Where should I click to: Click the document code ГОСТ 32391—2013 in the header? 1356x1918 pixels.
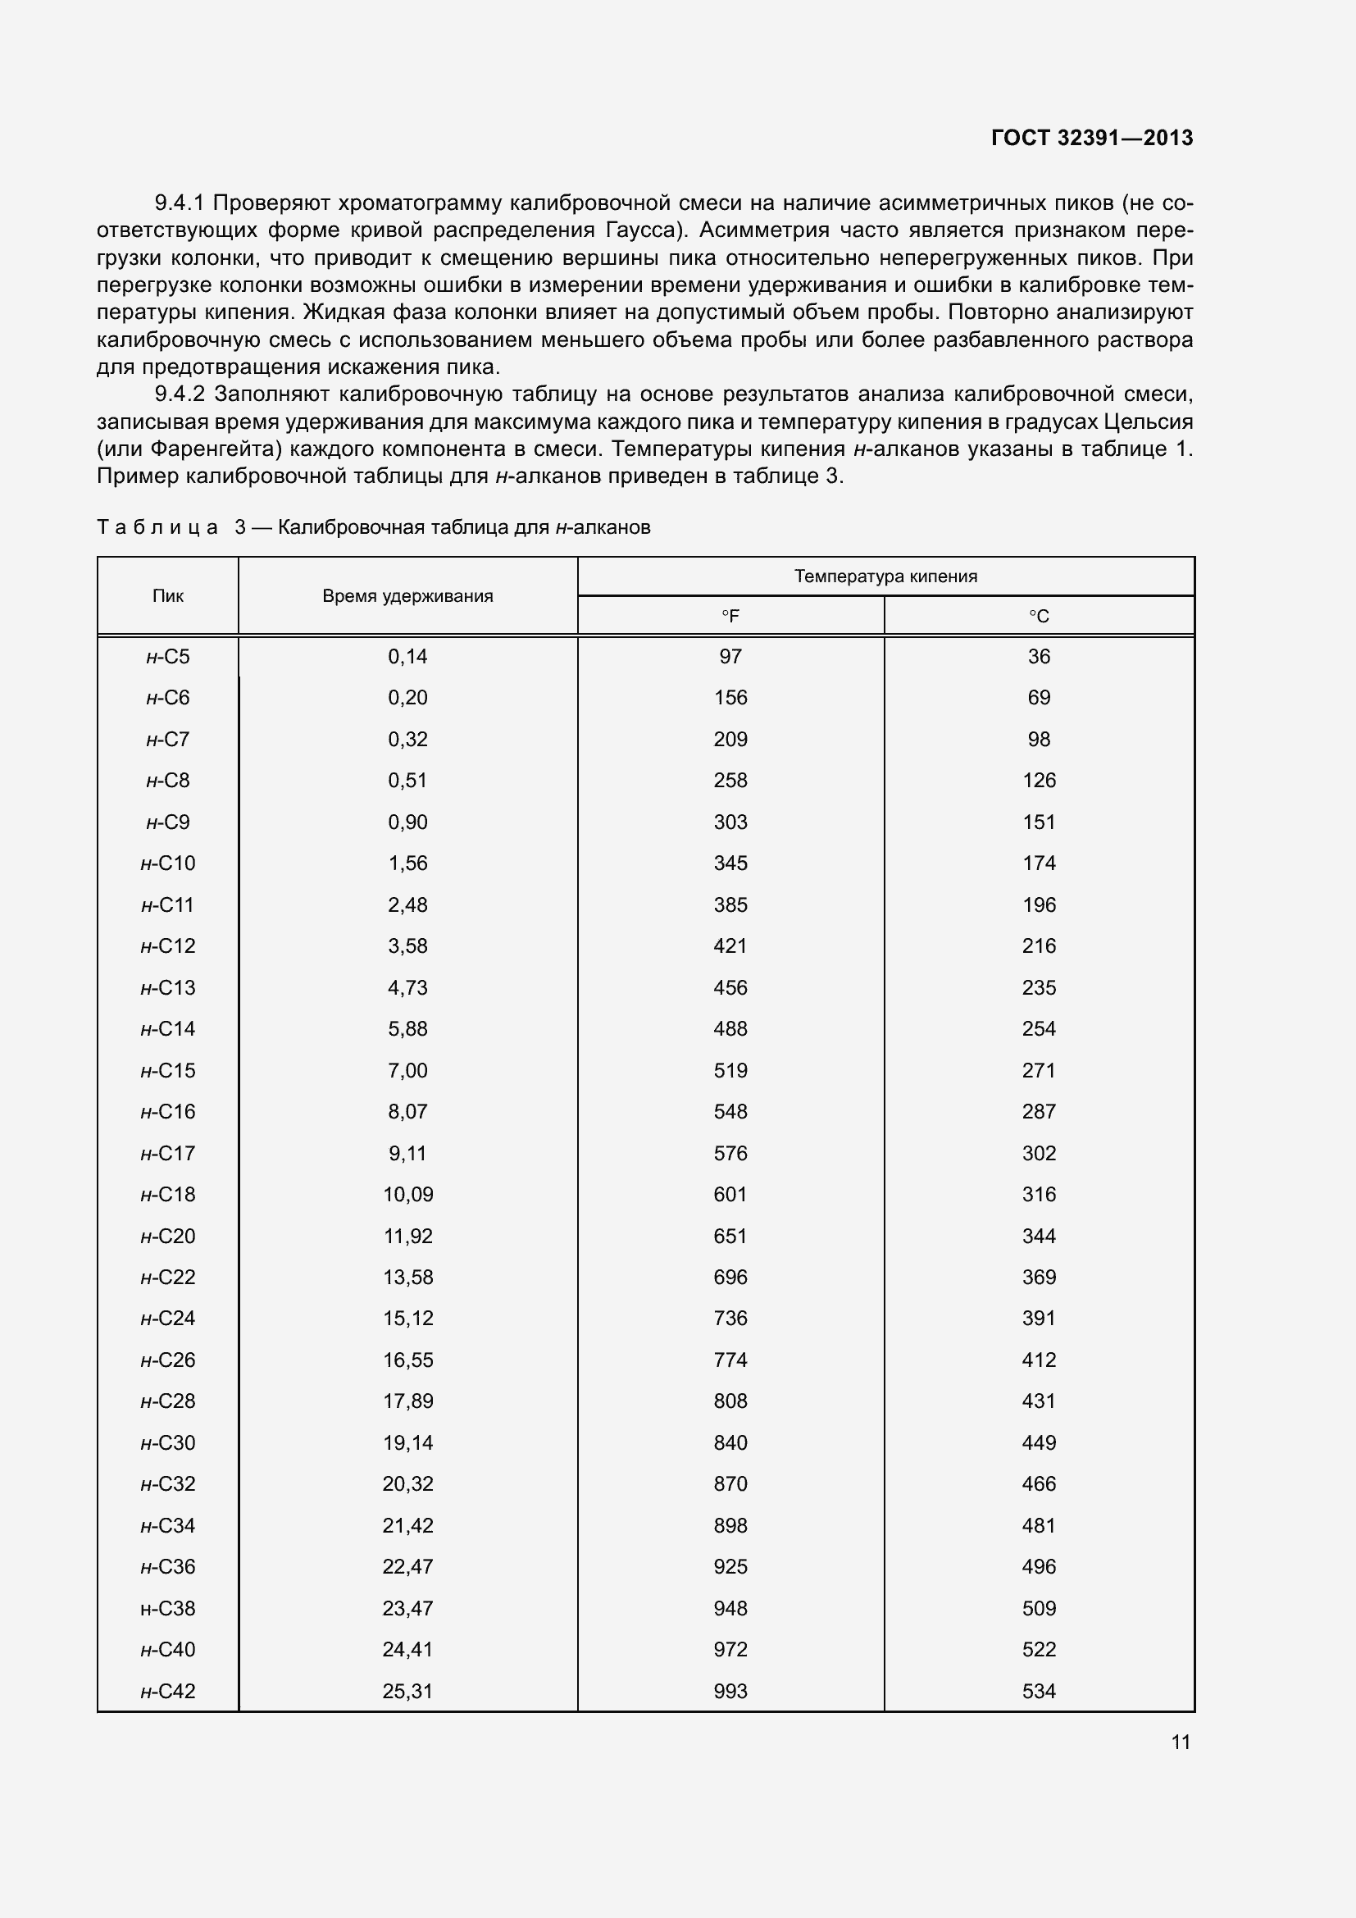(1091, 138)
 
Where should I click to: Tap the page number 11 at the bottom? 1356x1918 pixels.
(1180, 1742)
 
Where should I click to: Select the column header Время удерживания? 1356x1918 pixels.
(407, 595)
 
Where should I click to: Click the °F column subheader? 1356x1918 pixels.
(730, 617)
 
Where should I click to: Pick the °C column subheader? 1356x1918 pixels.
(1039, 617)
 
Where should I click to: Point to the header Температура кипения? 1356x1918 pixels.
(885, 576)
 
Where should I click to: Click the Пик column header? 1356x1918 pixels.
(168, 595)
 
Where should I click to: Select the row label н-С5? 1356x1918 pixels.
(168, 657)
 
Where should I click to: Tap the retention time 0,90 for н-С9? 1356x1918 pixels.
(407, 822)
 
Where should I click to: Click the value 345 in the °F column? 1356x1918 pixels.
(730, 863)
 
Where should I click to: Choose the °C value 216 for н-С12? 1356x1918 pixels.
(1039, 945)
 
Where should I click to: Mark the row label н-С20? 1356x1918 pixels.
(168, 1236)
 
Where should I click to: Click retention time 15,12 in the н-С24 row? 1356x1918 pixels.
(407, 1319)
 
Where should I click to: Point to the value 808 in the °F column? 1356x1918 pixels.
(730, 1401)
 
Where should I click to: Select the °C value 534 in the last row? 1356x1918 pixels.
(1039, 1691)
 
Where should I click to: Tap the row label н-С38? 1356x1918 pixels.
(168, 1608)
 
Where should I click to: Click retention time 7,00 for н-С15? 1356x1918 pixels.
(407, 1070)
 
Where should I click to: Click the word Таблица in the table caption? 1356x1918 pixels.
(157, 527)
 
